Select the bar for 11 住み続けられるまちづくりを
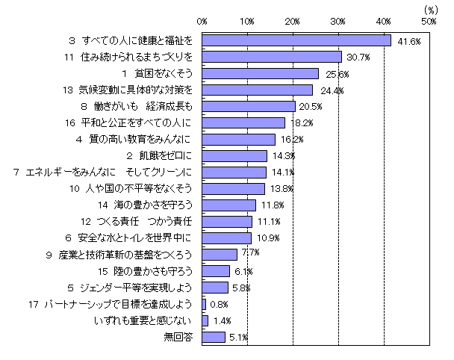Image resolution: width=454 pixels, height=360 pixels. (272, 57)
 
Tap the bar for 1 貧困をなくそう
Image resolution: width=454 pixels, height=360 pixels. (260, 73)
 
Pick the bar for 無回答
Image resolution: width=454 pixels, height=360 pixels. (214, 337)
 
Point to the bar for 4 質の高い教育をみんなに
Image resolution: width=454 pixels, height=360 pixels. (239, 139)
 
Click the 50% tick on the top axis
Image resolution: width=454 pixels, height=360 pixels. (429, 20)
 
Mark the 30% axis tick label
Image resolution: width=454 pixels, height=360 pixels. (339, 20)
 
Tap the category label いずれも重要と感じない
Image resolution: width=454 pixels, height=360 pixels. (147, 320)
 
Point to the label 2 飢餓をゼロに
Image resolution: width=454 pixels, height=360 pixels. (161, 155)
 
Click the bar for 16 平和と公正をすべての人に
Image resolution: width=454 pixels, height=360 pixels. (243, 122)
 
